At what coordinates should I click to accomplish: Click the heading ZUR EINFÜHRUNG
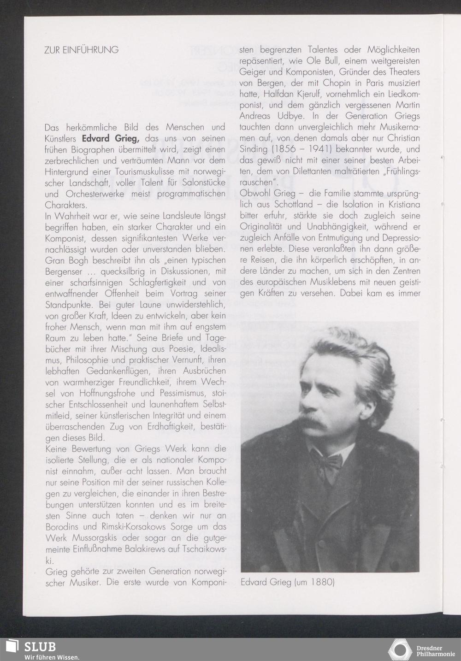click(x=81, y=50)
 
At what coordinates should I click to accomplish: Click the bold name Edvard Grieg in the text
click(x=110, y=138)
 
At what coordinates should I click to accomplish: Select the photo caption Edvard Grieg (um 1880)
click(x=287, y=582)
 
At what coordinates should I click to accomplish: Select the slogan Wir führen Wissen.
click(x=52, y=657)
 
